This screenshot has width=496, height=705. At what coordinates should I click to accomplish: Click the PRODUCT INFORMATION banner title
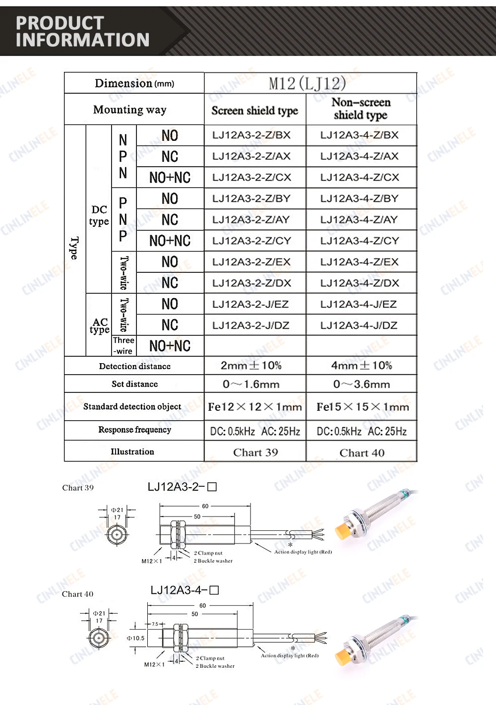coord(82,31)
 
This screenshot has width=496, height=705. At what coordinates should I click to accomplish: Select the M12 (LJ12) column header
coord(307,83)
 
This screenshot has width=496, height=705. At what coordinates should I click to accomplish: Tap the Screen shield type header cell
coord(254,110)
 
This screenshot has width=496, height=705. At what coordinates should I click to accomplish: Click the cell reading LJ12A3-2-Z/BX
coord(251,135)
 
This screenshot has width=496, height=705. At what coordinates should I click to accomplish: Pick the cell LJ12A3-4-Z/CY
coord(360,241)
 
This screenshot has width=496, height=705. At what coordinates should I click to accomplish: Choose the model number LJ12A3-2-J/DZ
coord(250,325)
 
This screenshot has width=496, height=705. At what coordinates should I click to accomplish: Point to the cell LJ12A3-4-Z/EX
coord(360,262)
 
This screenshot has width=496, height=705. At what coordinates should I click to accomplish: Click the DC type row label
coord(99,216)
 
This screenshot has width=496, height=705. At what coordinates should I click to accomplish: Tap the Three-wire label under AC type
coord(124,346)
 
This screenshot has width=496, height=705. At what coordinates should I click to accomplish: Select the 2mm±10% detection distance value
coord(251,366)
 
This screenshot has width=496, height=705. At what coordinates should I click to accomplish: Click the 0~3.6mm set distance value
coord(362,384)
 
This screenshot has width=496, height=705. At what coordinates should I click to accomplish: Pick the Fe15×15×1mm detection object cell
coord(363,407)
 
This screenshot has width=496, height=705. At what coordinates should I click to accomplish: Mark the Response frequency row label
coord(134,430)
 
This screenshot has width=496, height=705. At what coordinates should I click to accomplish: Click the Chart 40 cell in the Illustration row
coord(362,452)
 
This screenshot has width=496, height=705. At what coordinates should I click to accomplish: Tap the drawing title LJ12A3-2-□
coord(182,487)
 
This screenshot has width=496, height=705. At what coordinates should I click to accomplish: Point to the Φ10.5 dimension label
coord(135,638)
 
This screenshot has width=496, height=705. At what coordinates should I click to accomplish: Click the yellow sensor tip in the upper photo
coord(343,531)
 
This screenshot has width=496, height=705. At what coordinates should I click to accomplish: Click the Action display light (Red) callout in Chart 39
coord(303,552)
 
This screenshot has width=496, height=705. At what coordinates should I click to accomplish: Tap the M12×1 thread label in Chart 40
coord(154,664)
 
